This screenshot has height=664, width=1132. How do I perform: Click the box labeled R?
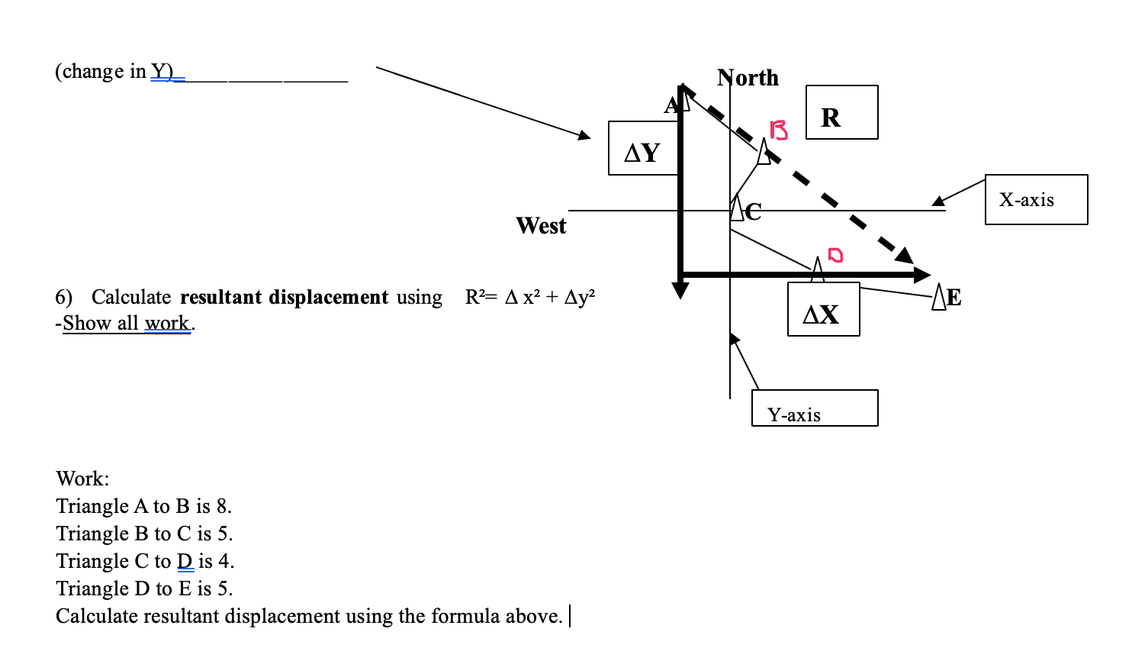[x=841, y=112]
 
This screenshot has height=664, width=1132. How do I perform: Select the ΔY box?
[x=643, y=148]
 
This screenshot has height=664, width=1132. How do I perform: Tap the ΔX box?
[x=823, y=310]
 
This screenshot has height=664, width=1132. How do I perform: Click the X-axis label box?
[x=1036, y=200]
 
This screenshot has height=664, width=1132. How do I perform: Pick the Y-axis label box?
[x=814, y=408]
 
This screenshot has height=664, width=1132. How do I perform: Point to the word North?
[x=748, y=78]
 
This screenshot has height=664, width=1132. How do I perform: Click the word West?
[x=541, y=226]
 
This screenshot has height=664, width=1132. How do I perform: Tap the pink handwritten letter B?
[x=779, y=131]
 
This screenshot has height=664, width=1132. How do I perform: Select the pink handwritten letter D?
[x=836, y=254]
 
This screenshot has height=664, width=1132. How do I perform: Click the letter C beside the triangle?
[x=754, y=211]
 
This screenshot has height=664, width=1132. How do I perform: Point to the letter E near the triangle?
[x=954, y=298]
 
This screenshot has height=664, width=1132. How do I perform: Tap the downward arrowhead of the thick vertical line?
[x=680, y=290]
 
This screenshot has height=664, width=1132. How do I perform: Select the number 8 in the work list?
[x=222, y=507]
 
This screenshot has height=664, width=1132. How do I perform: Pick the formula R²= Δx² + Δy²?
[x=530, y=297]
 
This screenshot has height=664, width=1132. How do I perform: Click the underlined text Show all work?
[x=126, y=324]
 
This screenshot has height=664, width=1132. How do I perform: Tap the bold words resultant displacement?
[x=284, y=297]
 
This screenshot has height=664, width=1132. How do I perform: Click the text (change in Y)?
[x=115, y=72]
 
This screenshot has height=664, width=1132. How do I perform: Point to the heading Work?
[x=82, y=479]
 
